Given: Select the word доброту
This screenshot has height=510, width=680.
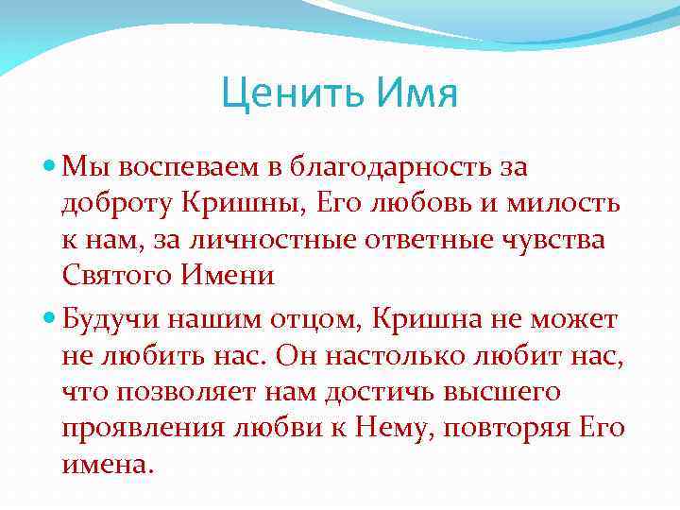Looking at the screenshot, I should (116, 204).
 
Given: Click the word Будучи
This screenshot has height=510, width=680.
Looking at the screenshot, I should (109, 319).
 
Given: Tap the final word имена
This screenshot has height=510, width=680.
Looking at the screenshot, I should (107, 463).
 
